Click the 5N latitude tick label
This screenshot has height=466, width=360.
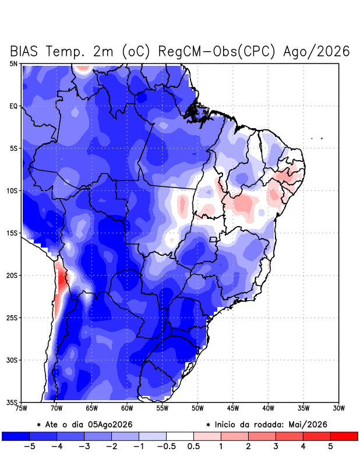(13, 63)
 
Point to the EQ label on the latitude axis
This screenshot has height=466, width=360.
(13, 106)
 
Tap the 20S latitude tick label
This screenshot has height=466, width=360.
(12, 276)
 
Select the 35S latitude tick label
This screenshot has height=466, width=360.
(12, 403)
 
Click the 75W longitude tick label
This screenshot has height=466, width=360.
(21, 408)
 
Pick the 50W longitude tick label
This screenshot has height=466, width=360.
(197, 408)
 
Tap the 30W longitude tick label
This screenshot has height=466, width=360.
(338, 408)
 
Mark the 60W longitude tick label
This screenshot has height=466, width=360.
(127, 408)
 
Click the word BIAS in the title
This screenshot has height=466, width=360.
(24, 51)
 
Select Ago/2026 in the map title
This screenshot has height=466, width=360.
(316, 51)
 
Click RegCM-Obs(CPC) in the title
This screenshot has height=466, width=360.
(217, 51)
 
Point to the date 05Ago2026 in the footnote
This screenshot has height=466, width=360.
(110, 425)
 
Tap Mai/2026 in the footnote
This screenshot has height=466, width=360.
(308, 425)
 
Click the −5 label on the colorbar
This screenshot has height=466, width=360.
(29, 446)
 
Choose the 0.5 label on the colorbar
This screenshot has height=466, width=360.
(193, 446)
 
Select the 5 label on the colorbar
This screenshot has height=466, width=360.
(330, 446)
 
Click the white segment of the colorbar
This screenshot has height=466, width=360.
(180, 436)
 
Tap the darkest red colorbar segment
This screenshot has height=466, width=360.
(344, 436)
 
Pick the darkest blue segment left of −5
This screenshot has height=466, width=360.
(16, 436)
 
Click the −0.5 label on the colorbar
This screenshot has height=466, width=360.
(166, 446)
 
